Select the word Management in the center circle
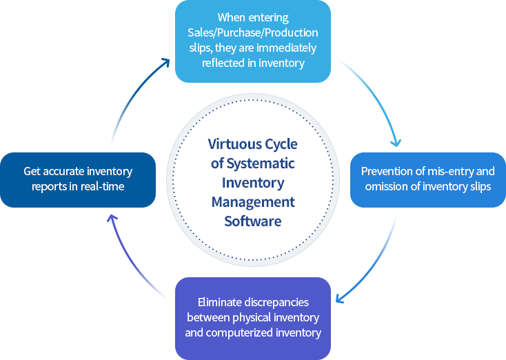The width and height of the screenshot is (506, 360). pyautogui.click(x=253, y=202)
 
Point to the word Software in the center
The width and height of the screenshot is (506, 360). pyautogui.click(x=253, y=221)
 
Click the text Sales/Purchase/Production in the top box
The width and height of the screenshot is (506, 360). pyautogui.click(x=252, y=32)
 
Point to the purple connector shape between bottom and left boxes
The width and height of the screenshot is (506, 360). pyautogui.click(x=142, y=255)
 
